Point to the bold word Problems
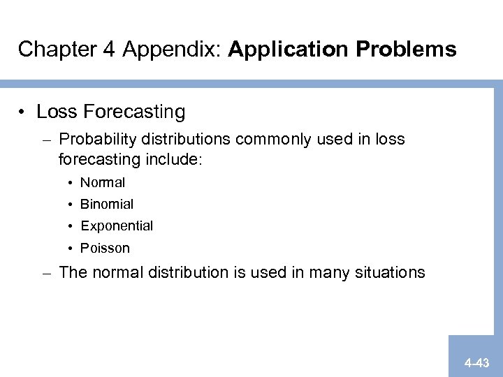point(405,49)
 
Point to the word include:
point(174,159)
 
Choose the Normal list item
point(103,183)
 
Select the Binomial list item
point(107,205)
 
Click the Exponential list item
point(117,226)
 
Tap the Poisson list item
point(105,248)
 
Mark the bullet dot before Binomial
point(72,205)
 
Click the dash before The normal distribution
point(45,272)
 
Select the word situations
point(390,272)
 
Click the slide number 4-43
point(476,363)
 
